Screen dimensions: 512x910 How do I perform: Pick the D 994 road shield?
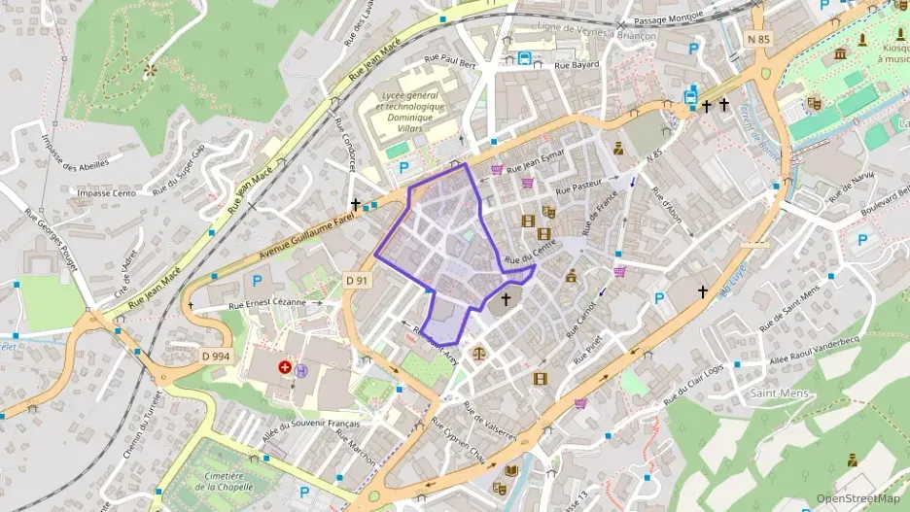coord(215,357)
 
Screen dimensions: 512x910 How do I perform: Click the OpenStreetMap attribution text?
coord(857,498)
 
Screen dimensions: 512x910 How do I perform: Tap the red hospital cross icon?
coord(285,367)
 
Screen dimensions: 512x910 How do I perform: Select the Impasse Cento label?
coord(108,193)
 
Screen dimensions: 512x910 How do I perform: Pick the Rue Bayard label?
coord(576,64)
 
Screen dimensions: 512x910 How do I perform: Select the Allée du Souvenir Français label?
coord(311,425)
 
